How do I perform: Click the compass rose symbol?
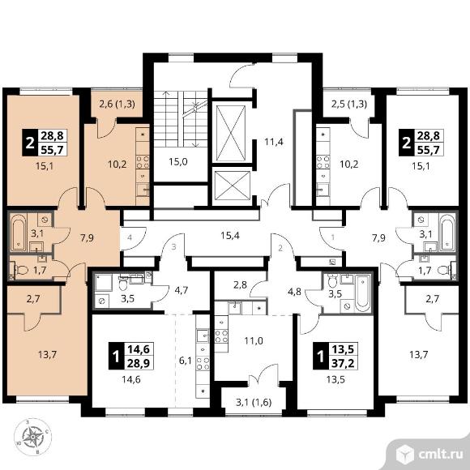32,437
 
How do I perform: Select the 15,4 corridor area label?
230,236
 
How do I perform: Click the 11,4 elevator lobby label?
274,142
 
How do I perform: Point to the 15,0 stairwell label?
178,162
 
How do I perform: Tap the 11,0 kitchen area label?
254,341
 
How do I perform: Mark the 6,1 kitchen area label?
186,361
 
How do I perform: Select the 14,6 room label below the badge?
131,380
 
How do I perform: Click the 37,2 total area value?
344,363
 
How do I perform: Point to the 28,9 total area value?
139,363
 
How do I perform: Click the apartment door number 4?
130,238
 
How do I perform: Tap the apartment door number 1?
333,237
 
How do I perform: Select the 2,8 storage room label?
240,284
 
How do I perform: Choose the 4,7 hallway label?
181,290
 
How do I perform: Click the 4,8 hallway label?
294,292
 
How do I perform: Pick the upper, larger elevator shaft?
231,132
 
